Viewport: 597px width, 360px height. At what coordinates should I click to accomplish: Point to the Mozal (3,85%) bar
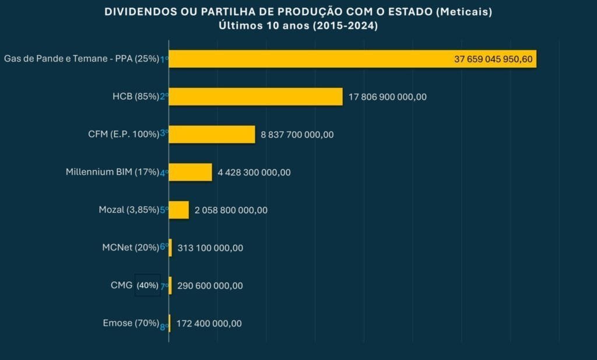point(179,210)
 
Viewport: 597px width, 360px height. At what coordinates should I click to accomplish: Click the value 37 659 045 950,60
point(493,59)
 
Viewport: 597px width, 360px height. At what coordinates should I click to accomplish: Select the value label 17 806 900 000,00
point(387,97)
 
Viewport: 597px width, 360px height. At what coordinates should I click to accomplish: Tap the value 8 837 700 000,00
point(297,135)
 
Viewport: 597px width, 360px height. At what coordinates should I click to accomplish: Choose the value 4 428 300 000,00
point(254,172)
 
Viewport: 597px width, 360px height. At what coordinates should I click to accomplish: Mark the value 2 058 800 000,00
point(231,210)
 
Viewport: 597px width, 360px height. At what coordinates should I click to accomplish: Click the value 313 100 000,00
point(210,248)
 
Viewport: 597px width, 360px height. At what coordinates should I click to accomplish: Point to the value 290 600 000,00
point(210,286)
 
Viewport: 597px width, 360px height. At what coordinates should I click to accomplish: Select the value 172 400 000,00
point(209,324)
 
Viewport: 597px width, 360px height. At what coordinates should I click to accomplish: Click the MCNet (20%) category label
point(130,248)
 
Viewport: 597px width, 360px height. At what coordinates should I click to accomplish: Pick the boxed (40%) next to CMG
point(148,285)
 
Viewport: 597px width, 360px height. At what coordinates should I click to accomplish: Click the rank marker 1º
point(164,59)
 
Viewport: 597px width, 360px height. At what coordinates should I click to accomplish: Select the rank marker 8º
point(164,327)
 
